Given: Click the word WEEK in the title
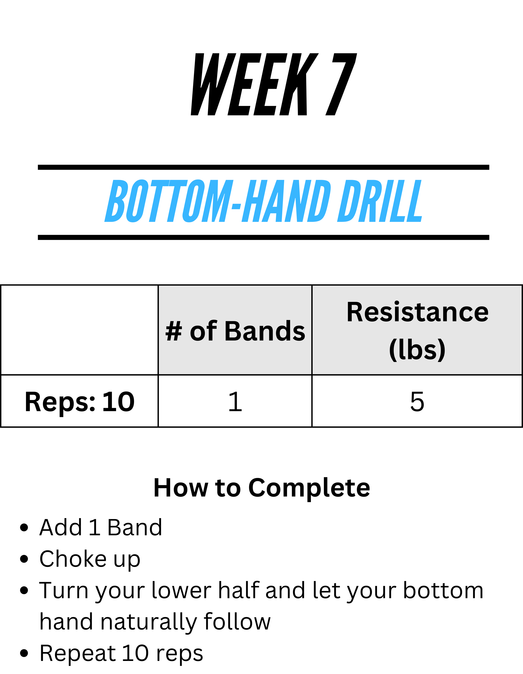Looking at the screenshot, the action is point(254,84).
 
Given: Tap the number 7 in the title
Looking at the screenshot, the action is point(341,84).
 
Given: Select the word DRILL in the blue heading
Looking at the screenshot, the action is point(380,201).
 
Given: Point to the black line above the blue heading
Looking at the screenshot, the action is point(264,167).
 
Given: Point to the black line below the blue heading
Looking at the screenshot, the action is point(264,237).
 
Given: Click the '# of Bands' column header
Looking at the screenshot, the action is point(235,331).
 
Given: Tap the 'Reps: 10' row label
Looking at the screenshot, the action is point(79,402).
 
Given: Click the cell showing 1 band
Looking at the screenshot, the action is point(235,401).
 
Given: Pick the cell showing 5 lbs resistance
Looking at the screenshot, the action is point(417,401).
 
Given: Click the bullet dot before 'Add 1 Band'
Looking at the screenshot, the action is point(24,528).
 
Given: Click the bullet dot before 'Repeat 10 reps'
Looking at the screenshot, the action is point(24,653).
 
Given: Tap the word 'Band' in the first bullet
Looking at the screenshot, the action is point(135,528).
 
